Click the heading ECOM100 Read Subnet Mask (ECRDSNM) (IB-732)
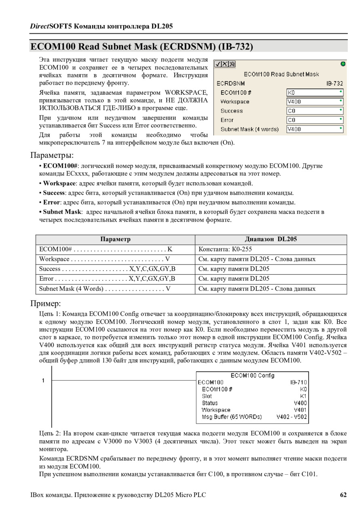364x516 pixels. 142,46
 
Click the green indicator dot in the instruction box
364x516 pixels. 343,64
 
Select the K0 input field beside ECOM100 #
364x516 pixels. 315,92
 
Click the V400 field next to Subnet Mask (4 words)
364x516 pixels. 315,129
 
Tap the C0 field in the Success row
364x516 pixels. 315,111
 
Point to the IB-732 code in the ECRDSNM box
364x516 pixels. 334,83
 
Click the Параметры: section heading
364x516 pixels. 52,155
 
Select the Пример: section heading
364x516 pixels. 46,303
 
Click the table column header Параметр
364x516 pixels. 115,239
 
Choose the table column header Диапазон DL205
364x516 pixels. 271,239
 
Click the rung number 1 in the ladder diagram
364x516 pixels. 43,380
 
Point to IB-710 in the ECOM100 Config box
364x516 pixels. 298,382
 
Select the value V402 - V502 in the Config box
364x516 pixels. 292,416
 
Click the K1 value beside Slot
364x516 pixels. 303,396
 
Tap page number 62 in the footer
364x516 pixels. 343,495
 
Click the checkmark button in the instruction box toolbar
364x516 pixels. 218,64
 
